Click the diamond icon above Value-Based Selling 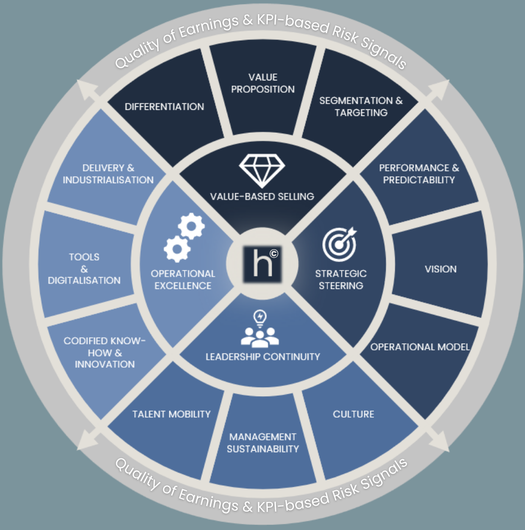click(262, 170)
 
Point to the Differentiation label click(164, 107)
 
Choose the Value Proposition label click(263, 83)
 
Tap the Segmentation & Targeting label click(361, 106)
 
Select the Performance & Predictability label click(419, 173)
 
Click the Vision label click(441, 269)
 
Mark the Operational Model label click(420, 347)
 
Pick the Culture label click(353, 414)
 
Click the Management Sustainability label click(263, 443)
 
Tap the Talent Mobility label click(171, 414)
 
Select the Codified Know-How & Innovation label click(105, 352)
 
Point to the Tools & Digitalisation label click(84, 269)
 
